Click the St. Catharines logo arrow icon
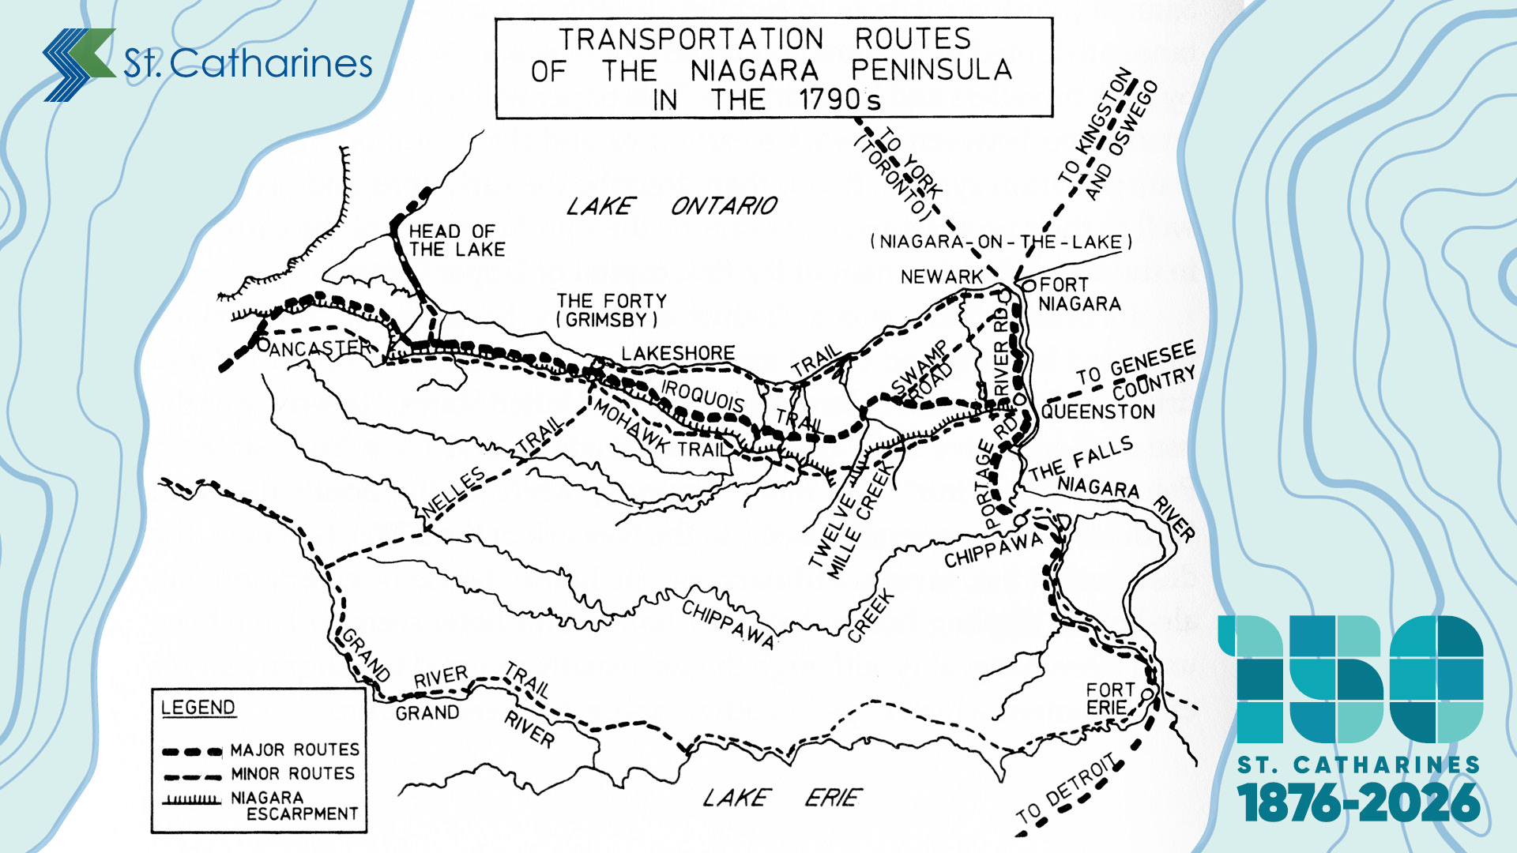coord(79,64)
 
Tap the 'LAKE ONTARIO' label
coord(672,206)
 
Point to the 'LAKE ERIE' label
coord(782,798)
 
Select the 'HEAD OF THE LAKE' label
coord(456,240)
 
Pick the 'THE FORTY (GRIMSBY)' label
coord(611,310)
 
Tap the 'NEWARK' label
coord(941,277)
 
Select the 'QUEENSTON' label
coord(1097,411)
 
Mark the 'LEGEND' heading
coord(198,708)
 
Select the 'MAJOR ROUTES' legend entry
coord(294,750)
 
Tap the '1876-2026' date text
coord(1358,803)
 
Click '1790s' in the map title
coord(839,100)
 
